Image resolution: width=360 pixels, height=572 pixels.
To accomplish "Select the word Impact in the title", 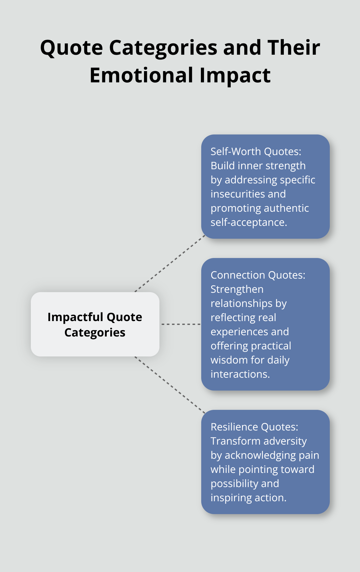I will (x=235, y=76).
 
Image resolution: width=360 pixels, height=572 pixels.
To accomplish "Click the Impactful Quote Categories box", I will (x=95, y=324).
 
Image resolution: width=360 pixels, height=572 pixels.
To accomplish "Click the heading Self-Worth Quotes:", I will (x=256, y=152).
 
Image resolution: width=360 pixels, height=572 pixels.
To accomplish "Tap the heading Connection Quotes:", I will (x=258, y=275).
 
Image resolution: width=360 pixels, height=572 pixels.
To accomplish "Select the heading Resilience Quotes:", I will (x=254, y=427).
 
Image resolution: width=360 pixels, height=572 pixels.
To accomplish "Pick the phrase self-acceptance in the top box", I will (x=248, y=222).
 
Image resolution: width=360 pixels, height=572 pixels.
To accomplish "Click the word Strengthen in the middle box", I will (x=237, y=289).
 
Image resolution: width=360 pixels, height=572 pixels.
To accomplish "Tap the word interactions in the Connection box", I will (x=240, y=374).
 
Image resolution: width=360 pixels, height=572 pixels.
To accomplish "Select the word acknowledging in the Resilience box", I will (x=256, y=455).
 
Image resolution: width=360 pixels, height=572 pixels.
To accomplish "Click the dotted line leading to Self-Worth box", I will (x=170, y=264).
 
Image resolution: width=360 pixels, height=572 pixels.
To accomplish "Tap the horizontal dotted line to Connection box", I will (x=181, y=324).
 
